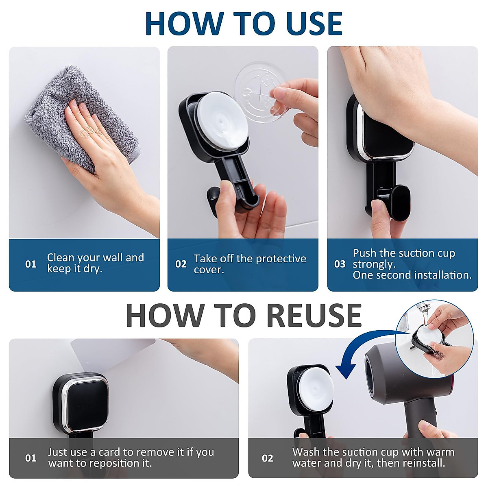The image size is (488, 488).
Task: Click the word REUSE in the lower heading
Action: coord(314,316)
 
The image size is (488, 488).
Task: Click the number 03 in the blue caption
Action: coord(340,264)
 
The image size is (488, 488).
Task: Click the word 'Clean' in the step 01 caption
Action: coord(61,257)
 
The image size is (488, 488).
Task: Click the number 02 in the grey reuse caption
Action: coord(268,458)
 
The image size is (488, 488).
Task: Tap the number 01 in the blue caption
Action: coord(30,264)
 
